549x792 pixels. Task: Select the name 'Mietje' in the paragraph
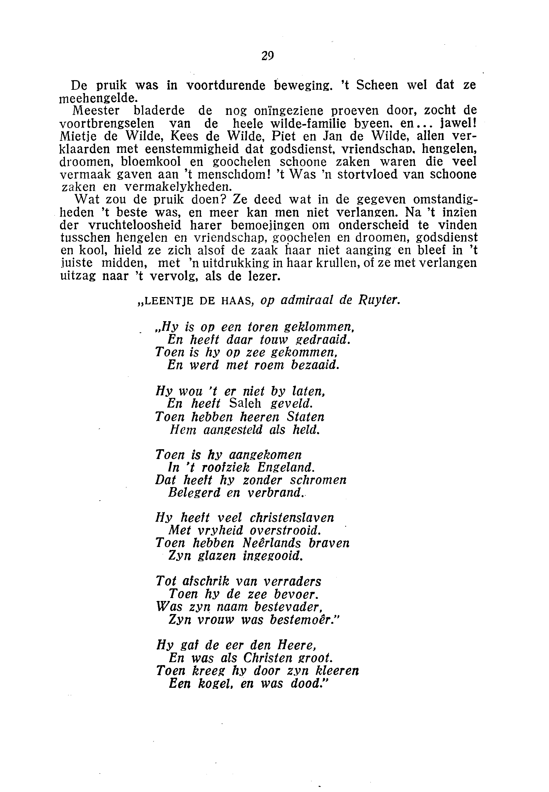[x=74, y=137]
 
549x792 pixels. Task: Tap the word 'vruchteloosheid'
[x=135, y=225]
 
